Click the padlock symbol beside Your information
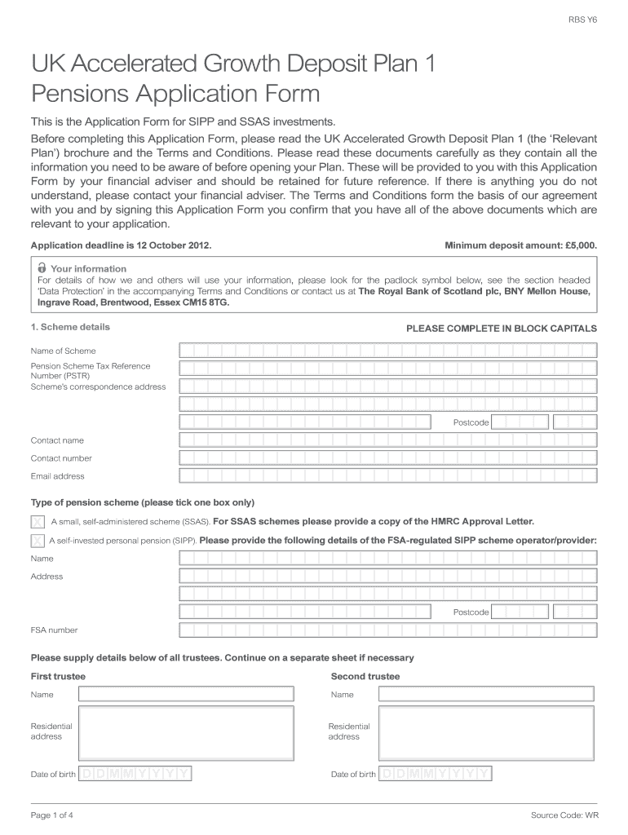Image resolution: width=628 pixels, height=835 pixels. coord(42,268)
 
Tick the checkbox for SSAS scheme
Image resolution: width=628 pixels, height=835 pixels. coord(38,521)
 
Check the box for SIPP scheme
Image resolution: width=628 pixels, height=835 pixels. coord(38,540)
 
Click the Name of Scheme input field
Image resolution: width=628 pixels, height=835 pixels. coord(387,351)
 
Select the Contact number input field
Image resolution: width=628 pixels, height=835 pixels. coord(387,458)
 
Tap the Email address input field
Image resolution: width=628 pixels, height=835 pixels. coord(387,476)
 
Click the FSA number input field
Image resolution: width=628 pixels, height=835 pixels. coord(387,630)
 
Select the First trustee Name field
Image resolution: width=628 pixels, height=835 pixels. coord(186,694)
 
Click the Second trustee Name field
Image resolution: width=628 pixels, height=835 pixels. coord(487,694)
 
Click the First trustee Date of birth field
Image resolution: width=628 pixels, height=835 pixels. coord(135,774)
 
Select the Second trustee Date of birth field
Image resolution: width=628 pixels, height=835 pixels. coord(436,774)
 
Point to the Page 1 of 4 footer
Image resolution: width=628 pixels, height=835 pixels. coord(53,815)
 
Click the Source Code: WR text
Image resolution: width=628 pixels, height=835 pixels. coord(564,815)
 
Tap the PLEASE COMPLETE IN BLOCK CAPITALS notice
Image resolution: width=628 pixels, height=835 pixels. coord(501,329)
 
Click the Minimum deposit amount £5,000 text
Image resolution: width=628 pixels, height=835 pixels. coord(520,245)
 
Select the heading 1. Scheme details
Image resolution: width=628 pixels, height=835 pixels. coord(70,327)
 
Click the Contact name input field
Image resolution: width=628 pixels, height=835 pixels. coord(387,440)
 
